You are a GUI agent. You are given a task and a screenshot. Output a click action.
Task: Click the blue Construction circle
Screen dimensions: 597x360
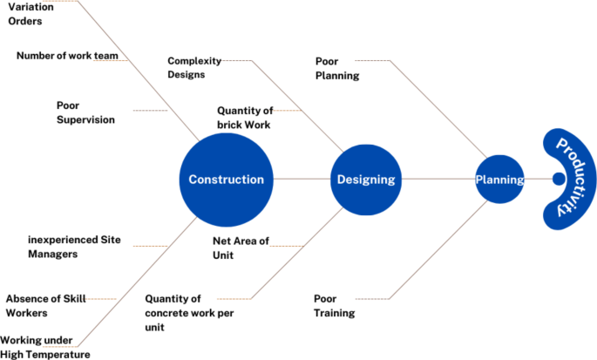(x=226, y=180)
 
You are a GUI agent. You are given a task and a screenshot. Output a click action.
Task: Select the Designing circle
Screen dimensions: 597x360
(x=365, y=180)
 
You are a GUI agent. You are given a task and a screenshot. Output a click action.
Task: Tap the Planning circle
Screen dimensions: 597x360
(x=499, y=180)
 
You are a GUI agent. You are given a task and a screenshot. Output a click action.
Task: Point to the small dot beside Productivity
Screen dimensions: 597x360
(x=559, y=180)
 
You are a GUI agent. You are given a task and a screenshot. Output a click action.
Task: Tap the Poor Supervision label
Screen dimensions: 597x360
(x=85, y=112)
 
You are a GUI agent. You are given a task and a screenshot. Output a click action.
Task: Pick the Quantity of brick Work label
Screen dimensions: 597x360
(x=244, y=118)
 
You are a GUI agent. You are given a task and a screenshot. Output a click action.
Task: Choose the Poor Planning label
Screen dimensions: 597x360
(x=337, y=69)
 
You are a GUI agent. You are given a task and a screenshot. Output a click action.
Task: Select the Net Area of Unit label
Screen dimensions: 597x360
(x=241, y=248)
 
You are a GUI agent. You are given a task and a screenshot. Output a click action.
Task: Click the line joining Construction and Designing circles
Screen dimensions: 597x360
(x=302, y=180)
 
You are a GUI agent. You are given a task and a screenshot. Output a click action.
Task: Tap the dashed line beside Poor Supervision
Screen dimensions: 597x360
(x=150, y=111)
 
